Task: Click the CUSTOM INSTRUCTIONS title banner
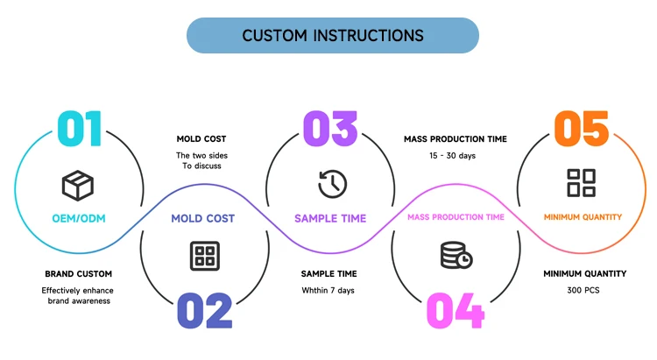tap(333, 35)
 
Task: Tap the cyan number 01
tap(80, 129)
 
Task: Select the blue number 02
tap(204, 311)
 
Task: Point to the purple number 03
tap(330, 129)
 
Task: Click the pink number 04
tap(456, 311)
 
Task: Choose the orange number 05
tap(581, 129)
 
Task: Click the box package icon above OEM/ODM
tap(78, 185)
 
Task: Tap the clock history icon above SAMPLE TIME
tap(332, 184)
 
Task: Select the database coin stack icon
tap(456, 255)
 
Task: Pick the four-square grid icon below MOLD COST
tap(205, 256)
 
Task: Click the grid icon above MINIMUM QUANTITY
tap(581, 183)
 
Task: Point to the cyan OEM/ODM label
tap(79, 218)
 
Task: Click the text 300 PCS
tap(583, 290)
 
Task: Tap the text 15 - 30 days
tap(453, 156)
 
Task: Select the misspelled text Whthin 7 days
tap(328, 291)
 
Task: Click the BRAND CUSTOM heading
tap(78, 273)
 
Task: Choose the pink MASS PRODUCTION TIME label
tap(456, 217)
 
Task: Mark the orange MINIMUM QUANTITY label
tap(583, 217)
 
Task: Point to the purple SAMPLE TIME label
tap(330, 218)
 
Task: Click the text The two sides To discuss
tap(201, 160)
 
